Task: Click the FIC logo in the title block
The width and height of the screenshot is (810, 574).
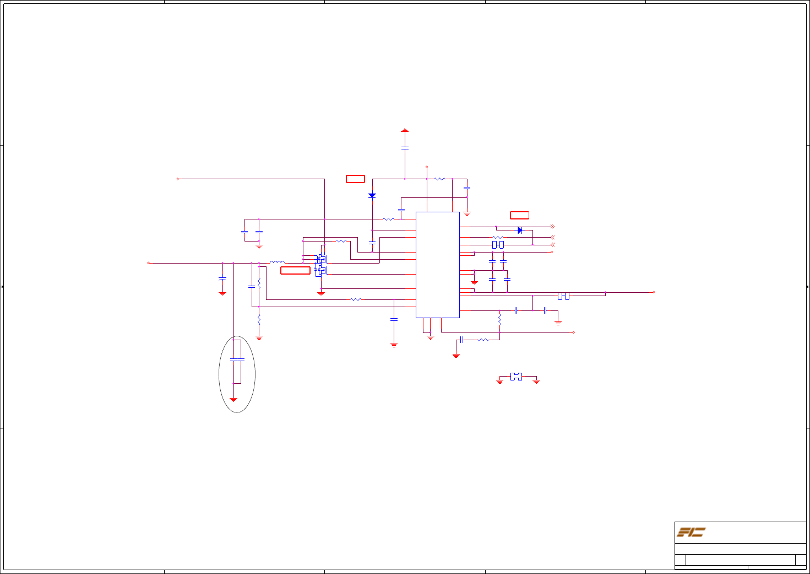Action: (691, 532)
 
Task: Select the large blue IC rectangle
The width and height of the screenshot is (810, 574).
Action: (437, 265)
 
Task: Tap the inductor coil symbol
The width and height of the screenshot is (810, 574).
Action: (277, 262)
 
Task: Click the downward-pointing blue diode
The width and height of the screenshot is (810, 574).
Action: (372, 196)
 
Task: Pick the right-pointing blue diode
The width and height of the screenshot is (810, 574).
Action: (520, 230)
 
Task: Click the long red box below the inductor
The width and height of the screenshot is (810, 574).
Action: (295, 270)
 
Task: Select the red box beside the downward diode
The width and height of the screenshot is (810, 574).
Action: (355, 179)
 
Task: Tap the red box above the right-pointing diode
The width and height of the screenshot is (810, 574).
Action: (519, 215)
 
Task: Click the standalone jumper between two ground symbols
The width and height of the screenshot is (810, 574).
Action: (516, 377)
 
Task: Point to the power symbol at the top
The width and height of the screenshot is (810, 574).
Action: (405, 130)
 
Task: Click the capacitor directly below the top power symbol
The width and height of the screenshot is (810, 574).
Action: (405, 148)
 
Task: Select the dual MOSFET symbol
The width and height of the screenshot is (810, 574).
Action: (321, 264)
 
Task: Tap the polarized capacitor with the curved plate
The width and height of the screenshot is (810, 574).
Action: (222, 279)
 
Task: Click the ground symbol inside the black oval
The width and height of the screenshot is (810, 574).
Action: (233, 399)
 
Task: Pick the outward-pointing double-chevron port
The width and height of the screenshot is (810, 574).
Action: (552, 227)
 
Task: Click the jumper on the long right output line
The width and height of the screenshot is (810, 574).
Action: (563, 296)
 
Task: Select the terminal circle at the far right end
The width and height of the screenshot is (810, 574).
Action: (654, 292)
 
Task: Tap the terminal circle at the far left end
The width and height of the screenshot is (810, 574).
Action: (149, 263)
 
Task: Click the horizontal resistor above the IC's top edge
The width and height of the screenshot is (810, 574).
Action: (439, 179)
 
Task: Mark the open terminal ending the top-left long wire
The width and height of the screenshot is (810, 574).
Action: (177, 179)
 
